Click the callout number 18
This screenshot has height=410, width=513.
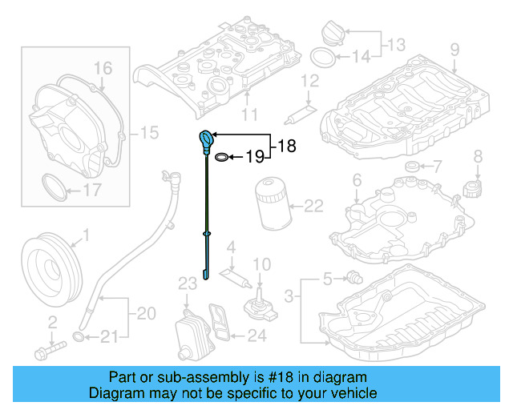click(x=287, y=146)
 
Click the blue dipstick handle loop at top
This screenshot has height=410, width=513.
click(x=207, y=138)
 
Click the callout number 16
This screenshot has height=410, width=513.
click(x=103, y=68)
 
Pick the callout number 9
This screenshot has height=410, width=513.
click(x=454, y=50)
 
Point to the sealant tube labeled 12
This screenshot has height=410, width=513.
click(x=297, y=112)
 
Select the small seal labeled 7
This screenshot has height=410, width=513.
click(x=413, y=167)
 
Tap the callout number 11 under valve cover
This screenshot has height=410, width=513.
click(x=248, y=115)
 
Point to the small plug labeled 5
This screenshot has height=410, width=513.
click(x=350, y=277)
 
